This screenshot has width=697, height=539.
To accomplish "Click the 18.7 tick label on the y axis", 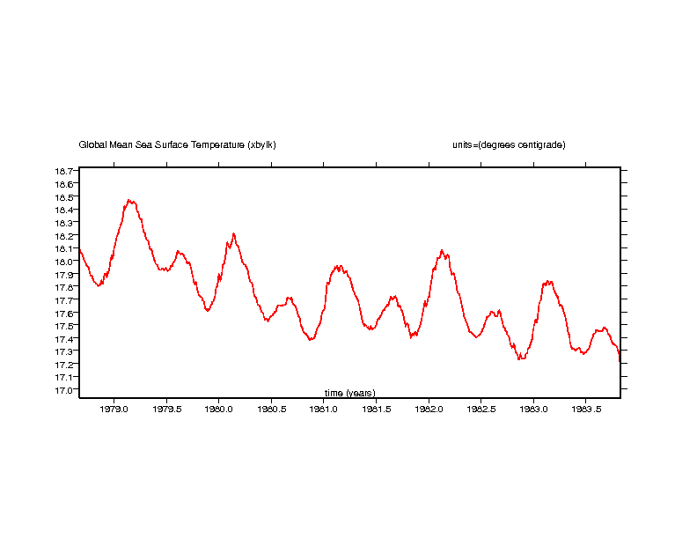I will click(x=63, y=171).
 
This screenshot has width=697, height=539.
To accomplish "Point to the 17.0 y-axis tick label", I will click(x=63, y=390).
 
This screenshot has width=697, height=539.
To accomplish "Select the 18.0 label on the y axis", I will click(x=63, y=262).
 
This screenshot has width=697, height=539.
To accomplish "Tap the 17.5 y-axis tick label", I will click(x=63, y=326).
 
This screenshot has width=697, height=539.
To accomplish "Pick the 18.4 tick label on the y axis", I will click(x=63, y=210).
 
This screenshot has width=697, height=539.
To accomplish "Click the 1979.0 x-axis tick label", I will click(x=114, y=409).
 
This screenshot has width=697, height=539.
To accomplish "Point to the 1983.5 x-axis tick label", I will click(x=586, y=409).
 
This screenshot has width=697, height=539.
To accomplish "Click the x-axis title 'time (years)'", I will click(x=349, y=393).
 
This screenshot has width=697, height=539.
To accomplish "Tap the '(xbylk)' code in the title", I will click(x=261, y=145).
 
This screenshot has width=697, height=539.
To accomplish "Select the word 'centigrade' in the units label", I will click(x=539, y=145).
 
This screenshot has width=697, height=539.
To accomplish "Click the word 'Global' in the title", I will click(x=92, y=145).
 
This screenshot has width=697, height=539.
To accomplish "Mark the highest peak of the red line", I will click(x=130, y=200).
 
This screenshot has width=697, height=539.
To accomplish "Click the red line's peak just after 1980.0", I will click(x=233, y=233).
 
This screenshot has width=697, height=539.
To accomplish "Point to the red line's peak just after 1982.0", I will click(x=442, y=250).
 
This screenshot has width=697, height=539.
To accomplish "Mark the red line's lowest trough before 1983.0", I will click(x=520, y=359).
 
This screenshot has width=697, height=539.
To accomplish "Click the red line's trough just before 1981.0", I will click(x=311, y=339).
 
